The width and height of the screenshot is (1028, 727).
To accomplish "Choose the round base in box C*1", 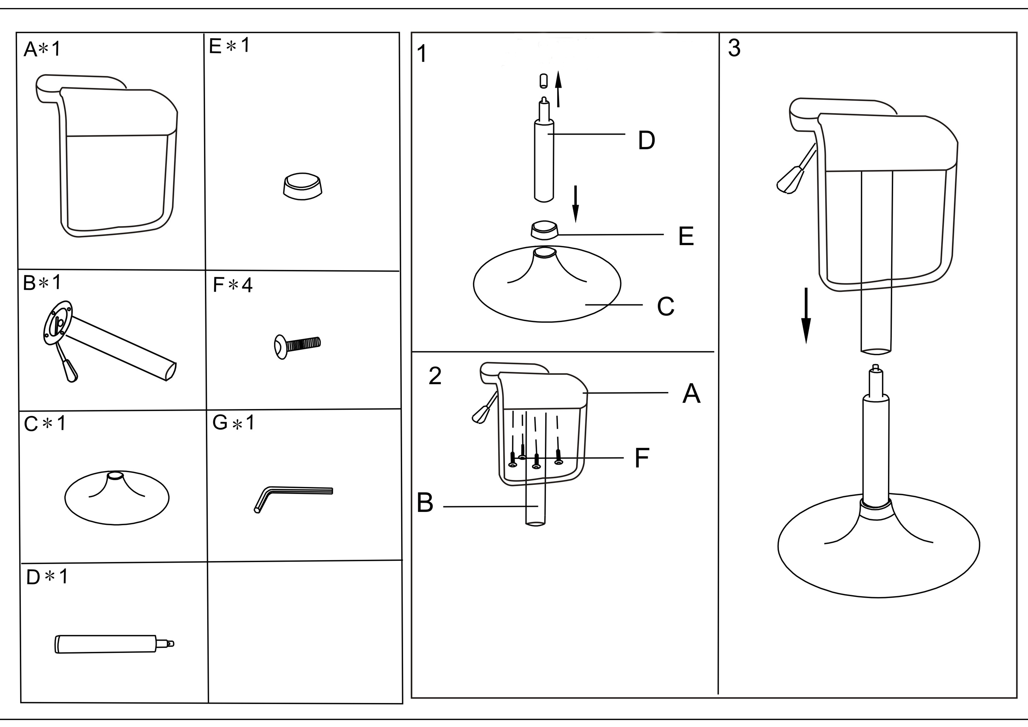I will coord(117,497).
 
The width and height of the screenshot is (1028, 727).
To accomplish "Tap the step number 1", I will coord(421,54).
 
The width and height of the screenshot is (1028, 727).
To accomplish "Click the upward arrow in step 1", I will coord(558,89).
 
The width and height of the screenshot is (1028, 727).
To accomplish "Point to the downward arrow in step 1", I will coord(576,204).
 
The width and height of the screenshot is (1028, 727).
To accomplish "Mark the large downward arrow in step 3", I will coord(806,316).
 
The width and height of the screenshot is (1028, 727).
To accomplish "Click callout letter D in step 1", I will coord(646,141).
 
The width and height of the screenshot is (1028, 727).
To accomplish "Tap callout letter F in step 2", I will coord(642,458).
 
